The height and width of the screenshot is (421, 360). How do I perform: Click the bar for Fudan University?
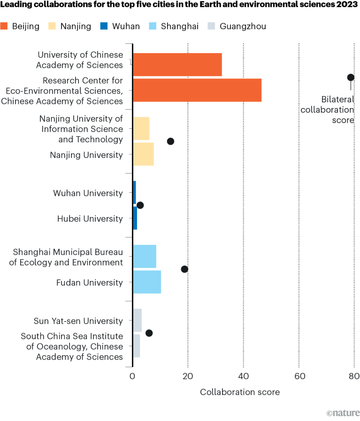[147, 282]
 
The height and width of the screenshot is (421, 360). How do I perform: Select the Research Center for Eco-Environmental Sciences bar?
[197, 90]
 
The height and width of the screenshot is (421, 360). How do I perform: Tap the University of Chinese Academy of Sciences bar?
[177, 65]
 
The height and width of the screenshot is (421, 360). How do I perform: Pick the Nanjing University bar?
[143, 154]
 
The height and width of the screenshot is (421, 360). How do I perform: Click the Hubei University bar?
[135, 218]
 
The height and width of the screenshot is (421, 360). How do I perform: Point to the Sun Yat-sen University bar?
[137, 320]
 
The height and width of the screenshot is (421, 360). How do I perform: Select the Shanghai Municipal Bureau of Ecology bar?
[144, 257]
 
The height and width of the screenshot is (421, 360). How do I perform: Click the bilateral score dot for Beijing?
[350, 77]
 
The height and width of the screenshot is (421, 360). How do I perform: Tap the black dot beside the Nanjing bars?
[170, 141]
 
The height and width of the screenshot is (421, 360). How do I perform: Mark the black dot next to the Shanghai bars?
[184, 269]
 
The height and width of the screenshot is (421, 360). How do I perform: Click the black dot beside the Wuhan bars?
[140, 205]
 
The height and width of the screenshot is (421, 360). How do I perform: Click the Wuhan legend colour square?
[104, 26]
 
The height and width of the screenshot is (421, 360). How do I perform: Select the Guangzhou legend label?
[243, 26]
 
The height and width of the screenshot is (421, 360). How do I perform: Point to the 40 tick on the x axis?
[243, 375]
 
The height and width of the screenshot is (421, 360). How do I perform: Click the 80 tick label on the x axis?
[354, 375]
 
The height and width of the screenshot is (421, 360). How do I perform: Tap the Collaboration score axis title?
[240, 392]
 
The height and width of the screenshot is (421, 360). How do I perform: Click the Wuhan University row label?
[88, 193]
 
